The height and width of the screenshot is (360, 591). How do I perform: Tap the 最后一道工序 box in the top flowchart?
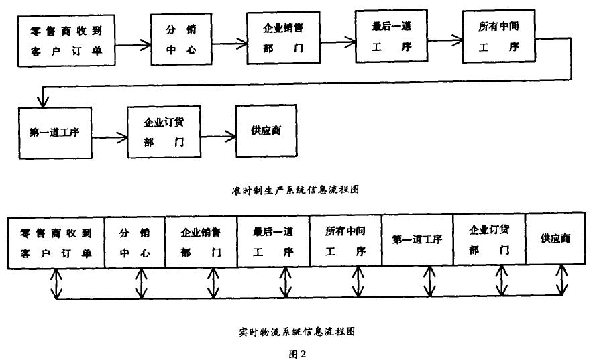390,39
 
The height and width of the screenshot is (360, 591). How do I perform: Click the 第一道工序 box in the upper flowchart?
55,131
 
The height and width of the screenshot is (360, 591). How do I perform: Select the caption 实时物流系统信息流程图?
295,331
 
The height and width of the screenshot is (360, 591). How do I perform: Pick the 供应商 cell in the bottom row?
555,239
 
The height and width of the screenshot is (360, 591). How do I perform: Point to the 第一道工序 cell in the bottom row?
417,240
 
